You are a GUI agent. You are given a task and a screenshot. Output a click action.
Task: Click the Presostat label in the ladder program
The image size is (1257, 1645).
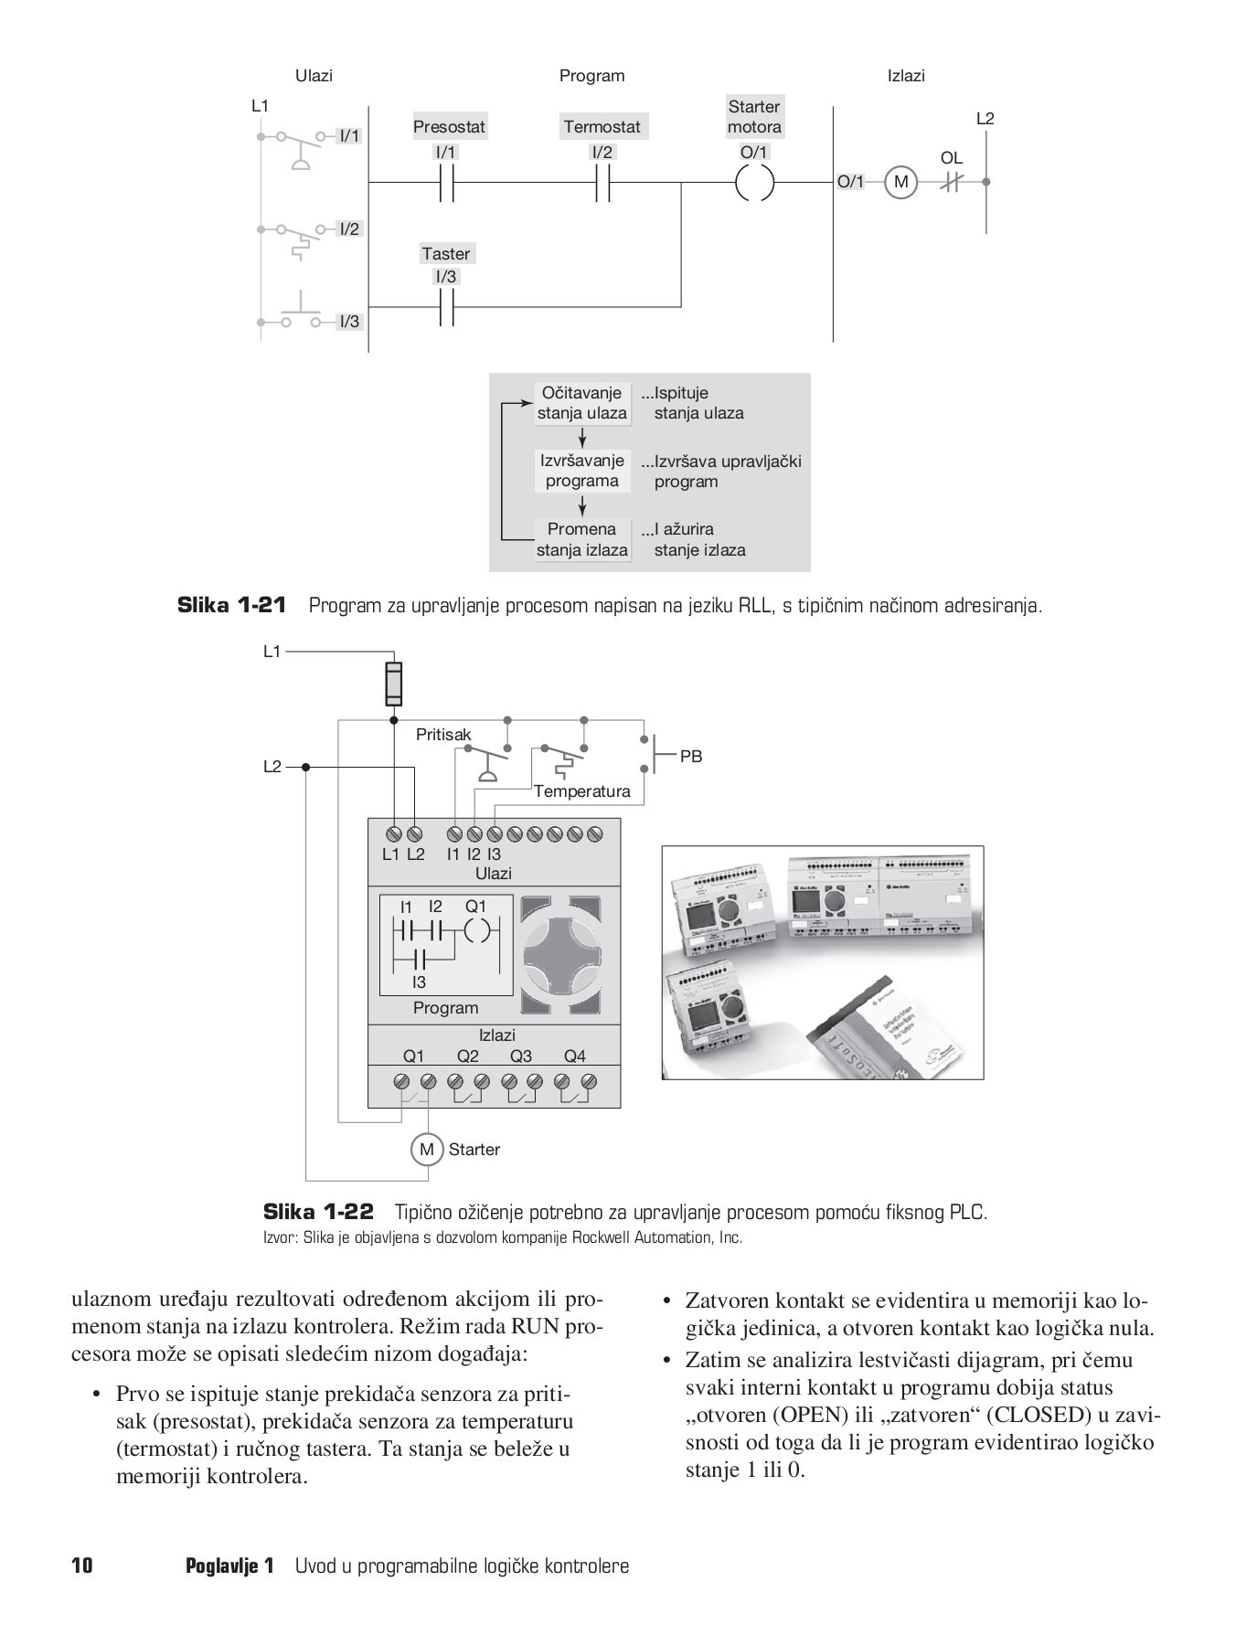(x=449, y=126)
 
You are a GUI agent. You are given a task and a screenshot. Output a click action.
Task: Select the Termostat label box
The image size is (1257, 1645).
(x=602, y=126)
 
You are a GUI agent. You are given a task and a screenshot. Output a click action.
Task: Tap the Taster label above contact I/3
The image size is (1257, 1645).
(x=445, y=253)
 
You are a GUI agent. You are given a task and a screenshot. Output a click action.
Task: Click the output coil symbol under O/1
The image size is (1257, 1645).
(x=754, y=183)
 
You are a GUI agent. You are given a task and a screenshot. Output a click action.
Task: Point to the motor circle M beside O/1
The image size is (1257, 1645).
(x=900, y=182)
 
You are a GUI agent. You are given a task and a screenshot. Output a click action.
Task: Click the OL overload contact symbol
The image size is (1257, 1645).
(x=952, y=182)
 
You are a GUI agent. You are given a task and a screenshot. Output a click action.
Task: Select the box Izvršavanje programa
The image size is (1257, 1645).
(x=582, y=471)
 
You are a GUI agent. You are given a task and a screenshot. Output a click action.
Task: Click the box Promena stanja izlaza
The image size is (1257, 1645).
(x=582, y=539)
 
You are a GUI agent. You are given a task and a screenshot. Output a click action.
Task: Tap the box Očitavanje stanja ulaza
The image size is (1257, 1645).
(x=582, y=403)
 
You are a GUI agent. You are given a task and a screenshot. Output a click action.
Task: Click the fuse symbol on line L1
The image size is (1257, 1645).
(x=393, y=684)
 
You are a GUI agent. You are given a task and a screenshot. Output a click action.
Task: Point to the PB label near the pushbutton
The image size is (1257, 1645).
(x=691, y=757)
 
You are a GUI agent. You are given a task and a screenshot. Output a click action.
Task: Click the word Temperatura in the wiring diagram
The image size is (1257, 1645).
(x=582, y=791)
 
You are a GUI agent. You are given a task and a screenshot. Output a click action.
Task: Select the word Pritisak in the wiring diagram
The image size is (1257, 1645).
(x=443, y=734)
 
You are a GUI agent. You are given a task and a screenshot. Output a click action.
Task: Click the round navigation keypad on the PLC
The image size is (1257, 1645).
(x=562, y=955)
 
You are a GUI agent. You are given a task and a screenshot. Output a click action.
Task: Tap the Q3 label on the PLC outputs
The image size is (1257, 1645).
(x=521, y=1056)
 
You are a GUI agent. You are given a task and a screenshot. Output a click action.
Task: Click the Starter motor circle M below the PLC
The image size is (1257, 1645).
(x=426, y=1150)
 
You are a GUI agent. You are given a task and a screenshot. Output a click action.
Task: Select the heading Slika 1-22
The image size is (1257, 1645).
(x=318, y=1213)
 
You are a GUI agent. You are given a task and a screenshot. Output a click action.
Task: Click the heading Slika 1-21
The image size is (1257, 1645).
(x=231, y=605)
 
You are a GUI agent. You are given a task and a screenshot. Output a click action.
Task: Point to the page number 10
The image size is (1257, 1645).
(x=82, y=1565)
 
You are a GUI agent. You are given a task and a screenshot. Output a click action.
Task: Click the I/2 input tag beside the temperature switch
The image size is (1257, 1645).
(x=349, y=228)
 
